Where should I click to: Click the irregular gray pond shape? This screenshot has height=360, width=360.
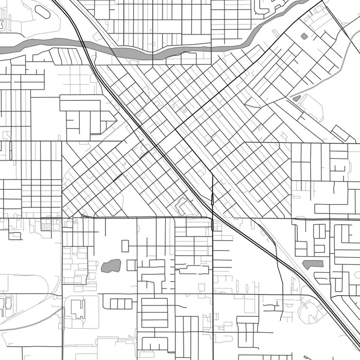[111, 266]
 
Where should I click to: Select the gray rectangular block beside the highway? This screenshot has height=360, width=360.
[313, 264]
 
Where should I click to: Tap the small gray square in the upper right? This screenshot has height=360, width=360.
[304, 37]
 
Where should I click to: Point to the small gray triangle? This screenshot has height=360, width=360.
[297, 98]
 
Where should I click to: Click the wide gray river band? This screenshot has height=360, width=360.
[154, 52]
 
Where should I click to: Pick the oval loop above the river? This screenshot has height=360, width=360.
[42, 11]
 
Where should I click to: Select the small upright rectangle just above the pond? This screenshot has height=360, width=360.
[125, 246]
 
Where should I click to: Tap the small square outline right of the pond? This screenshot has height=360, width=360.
[131, 265]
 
